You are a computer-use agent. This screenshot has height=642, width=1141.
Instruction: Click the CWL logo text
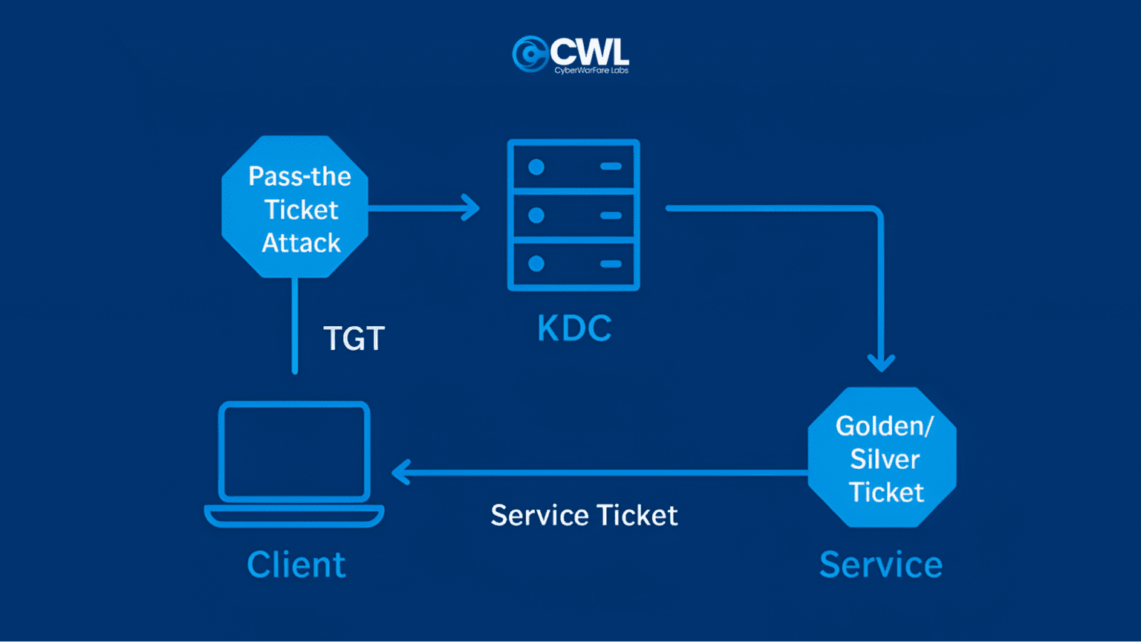[590, 51]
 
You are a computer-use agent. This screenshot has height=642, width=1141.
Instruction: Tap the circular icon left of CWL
[530, 54]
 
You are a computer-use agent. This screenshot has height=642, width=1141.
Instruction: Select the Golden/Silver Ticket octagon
[882, 457]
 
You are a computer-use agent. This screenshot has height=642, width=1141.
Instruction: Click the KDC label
[574, 328]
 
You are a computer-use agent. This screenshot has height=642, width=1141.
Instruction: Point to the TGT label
[354, 339]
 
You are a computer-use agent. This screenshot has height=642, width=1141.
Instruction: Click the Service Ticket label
[584, 516]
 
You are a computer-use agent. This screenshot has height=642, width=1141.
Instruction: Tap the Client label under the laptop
[296, 565]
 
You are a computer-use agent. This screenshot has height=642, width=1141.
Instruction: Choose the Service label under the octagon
[880, 565]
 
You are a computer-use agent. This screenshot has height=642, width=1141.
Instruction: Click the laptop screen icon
[294, 452]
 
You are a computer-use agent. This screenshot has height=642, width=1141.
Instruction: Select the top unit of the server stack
[573, 166]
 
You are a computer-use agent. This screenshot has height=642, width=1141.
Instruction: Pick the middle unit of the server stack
[573, 215]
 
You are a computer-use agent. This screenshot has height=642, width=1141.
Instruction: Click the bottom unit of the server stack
[573, 264]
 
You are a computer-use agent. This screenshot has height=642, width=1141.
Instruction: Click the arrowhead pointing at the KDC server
[470, 207]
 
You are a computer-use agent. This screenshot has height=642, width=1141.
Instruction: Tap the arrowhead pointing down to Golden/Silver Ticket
[881, 363]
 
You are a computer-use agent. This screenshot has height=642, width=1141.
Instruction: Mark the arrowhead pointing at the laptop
[400, 472]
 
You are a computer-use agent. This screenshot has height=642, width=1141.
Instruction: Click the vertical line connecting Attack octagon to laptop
[295, 327]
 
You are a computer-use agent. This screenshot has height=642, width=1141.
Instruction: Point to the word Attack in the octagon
[301, 243]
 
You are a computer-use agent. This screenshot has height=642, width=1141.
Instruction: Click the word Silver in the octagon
[885, 459]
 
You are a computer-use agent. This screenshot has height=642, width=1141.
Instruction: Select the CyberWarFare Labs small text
[591, 71]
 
